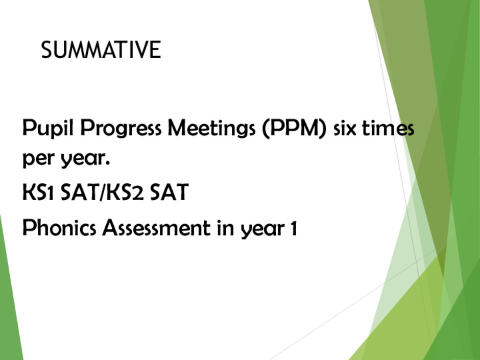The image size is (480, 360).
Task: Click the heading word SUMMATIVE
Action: click(101, 50)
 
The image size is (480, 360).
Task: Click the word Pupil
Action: click(48, 128)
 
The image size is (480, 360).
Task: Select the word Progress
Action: click(121, 129)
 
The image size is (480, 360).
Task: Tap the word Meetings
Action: click(211, 129)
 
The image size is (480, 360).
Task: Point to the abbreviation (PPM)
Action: click(295, 129)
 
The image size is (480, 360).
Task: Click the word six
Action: click(345, 129)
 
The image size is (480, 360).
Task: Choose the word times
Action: click(388, 129)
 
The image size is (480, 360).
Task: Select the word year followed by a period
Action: click(85, 159)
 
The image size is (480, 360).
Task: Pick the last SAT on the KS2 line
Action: click(170, 192)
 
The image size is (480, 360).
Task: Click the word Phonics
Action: click(59, 228)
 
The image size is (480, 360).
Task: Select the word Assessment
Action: click(156, 228)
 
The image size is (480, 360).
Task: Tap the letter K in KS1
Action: click(28, 192)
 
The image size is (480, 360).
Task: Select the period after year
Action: click(108, 164)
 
